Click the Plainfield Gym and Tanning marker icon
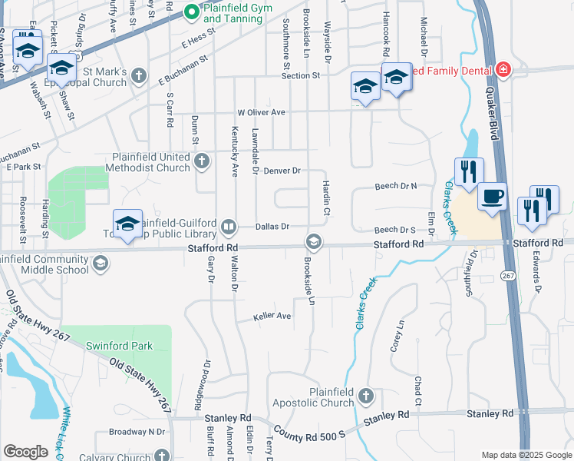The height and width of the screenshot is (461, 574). click(x=192, y=12)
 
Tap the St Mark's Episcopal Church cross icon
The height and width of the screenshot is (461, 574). click(x=139, y=75)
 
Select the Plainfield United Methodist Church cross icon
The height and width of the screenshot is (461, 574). click(x=202, y=161)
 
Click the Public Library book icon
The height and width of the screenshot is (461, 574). click(x=229, y=227)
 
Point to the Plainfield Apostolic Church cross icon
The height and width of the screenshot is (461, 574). click(x=366, y=396)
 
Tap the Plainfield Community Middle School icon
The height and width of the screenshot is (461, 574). click(x=99, y=264)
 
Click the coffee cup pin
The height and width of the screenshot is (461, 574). click(x=492, y=196)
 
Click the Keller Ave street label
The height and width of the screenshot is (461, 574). click(x=273, y=316)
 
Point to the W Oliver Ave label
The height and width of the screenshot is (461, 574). click(x=261, y=112)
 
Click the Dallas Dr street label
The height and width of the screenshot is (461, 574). click(x=272, y=227)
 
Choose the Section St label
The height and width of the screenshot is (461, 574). click(x=300, y=76)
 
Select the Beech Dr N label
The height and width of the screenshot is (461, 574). click(x=395, y=186)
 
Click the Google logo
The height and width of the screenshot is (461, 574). click(x=25, y=452)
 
